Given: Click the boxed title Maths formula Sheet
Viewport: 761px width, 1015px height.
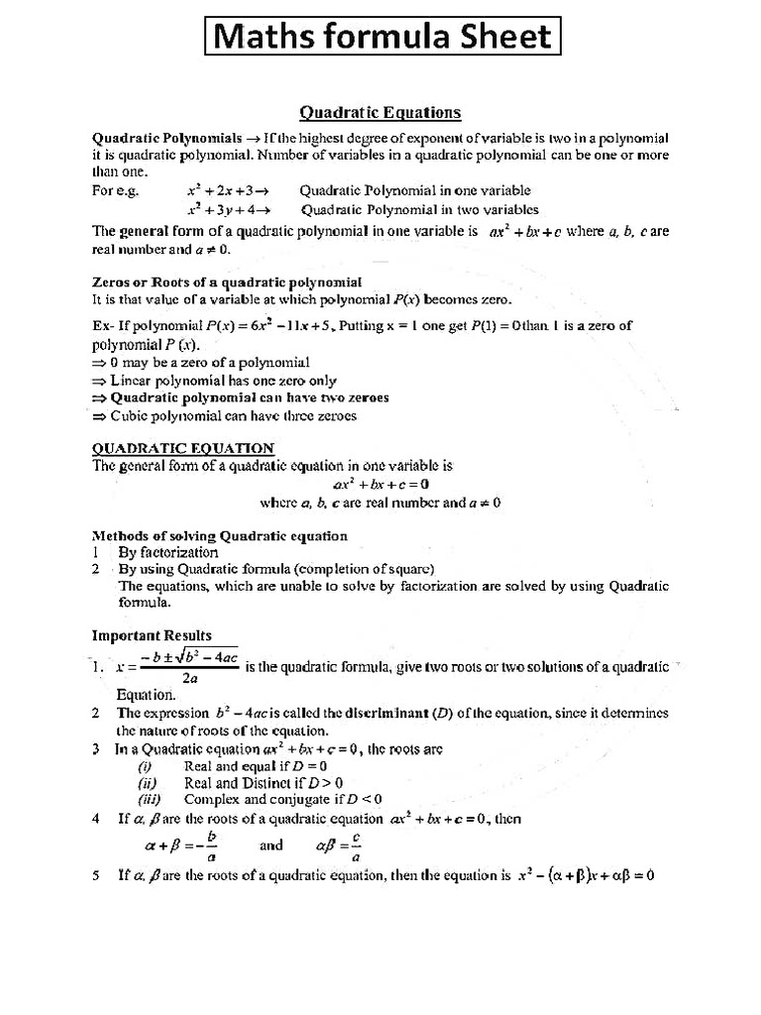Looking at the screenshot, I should [382, 37].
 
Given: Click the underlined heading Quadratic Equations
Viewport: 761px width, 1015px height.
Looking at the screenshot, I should [380, 112].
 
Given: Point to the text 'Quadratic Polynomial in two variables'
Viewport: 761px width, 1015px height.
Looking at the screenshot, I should [419, 209].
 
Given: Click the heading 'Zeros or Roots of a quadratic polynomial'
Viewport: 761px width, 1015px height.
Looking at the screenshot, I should [227, 282].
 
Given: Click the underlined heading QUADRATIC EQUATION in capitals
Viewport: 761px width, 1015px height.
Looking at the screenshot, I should [183, 448].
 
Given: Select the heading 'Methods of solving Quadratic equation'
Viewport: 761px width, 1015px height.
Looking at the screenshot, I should [220, 536].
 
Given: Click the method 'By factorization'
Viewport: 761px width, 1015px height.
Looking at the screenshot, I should [167, 552].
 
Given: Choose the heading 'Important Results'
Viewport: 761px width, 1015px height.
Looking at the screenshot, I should [152, 635].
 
